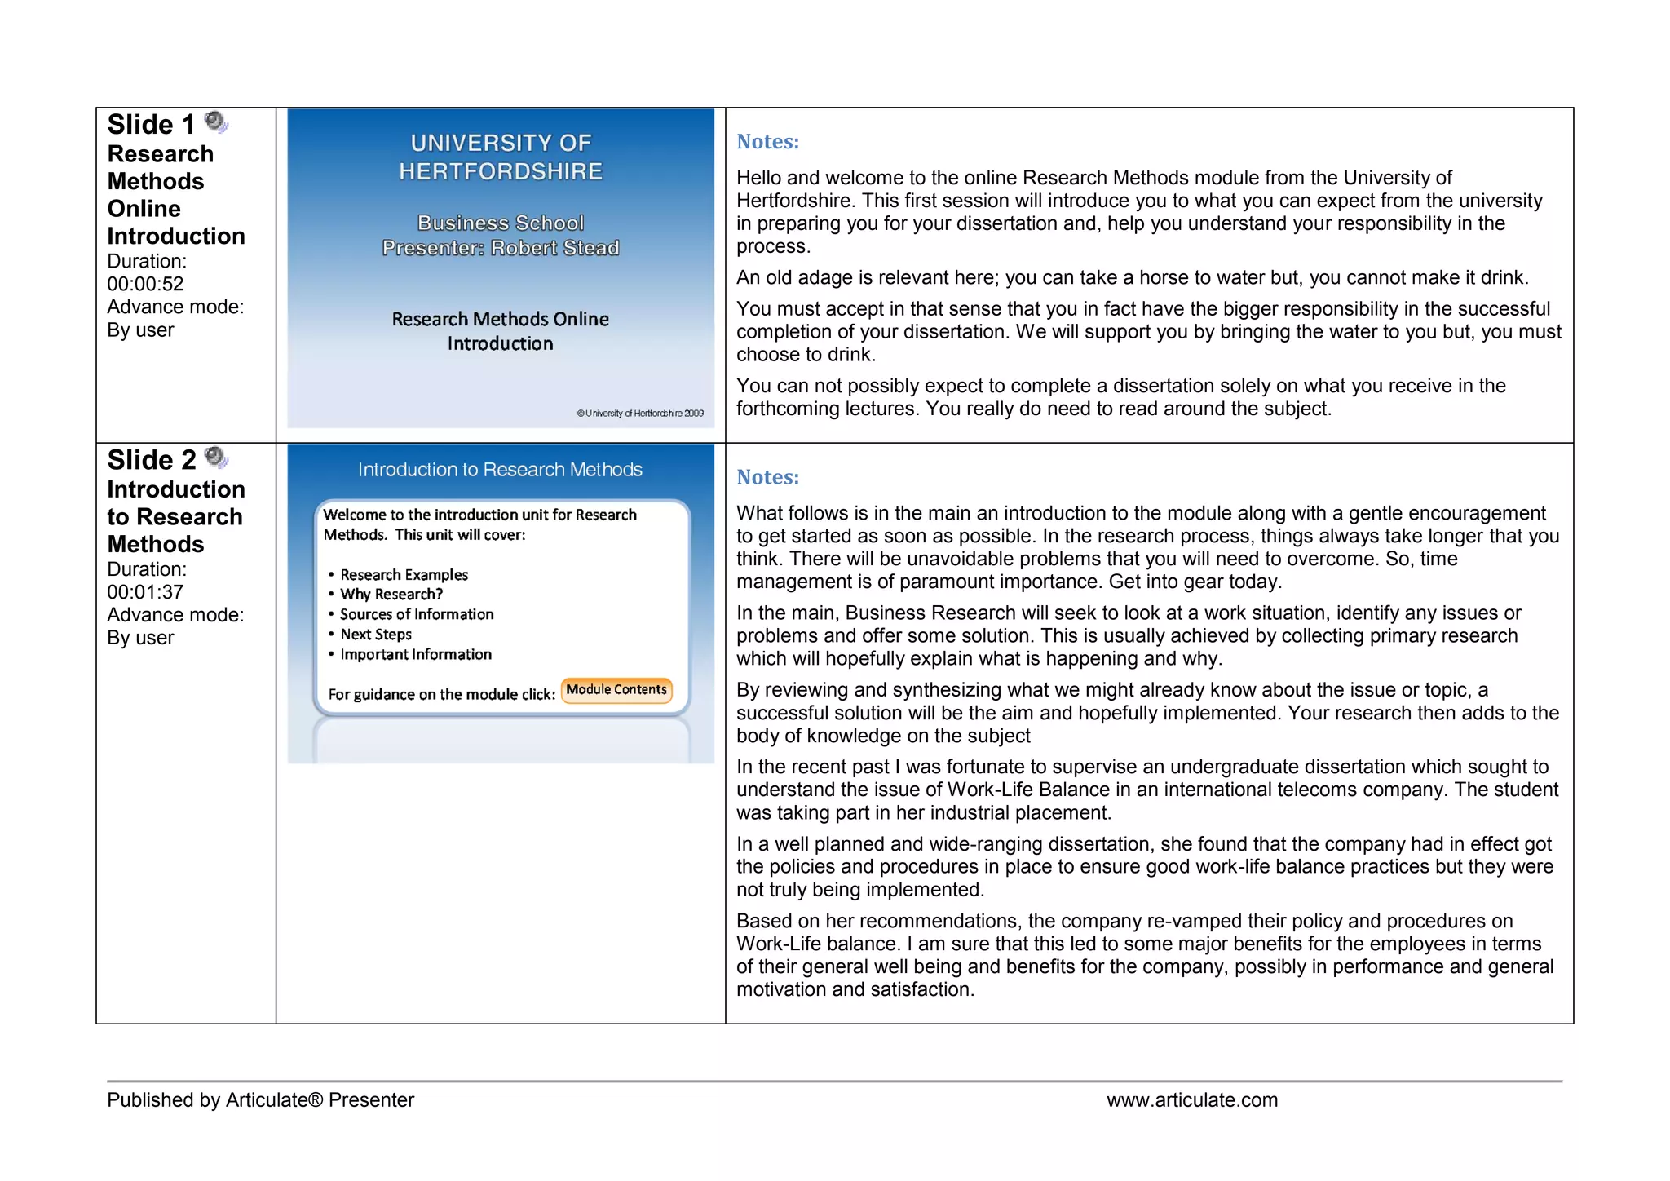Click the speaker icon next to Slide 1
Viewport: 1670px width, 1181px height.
pos(215,122)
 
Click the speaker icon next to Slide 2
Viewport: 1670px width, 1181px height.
pos(215,458)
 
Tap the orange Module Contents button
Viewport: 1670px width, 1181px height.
pos(616,689)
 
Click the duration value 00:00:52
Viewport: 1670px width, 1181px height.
pos(145,284)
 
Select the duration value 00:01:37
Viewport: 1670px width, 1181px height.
pos(145,592)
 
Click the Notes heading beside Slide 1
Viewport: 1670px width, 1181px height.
pos(767,142)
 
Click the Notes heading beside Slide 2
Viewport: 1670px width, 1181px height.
pos(767,477)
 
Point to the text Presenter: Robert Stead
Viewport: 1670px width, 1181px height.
pos(501,248)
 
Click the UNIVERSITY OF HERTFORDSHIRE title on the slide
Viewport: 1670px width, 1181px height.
pos(501,157)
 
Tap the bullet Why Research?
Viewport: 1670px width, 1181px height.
pos(391,595)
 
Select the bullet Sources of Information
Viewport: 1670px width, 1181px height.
pos(417,614)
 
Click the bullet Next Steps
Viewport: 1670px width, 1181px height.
pos(376,635)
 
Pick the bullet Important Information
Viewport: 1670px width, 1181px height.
pos(416,654)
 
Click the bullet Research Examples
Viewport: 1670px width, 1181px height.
pos(404,575)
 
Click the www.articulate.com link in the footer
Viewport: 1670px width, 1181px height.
pos(1191,1099)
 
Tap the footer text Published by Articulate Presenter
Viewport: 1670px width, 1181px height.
pos(260,1099)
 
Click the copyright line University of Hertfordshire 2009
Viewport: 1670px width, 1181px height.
pos(640,414)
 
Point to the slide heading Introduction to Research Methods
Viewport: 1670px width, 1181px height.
pos(500,470)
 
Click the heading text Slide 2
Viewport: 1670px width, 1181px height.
pos(152,460)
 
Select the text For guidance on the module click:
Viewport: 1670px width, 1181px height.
pos(441,694)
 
